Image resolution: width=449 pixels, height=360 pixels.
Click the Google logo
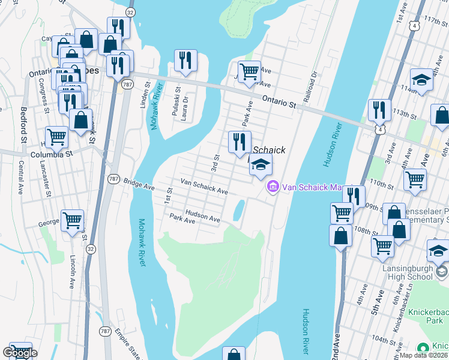coord(20,353)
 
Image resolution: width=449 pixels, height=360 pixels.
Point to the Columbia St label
coord(52,154)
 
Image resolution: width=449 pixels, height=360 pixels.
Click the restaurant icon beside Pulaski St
coord(185,60)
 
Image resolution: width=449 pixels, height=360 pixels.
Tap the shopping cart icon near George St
coord(72,220)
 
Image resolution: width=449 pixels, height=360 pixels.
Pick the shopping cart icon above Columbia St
coord(56,136)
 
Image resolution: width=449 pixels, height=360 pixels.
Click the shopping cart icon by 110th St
coord(415,179)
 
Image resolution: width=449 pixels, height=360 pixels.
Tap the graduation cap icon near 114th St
coord(421,80)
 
